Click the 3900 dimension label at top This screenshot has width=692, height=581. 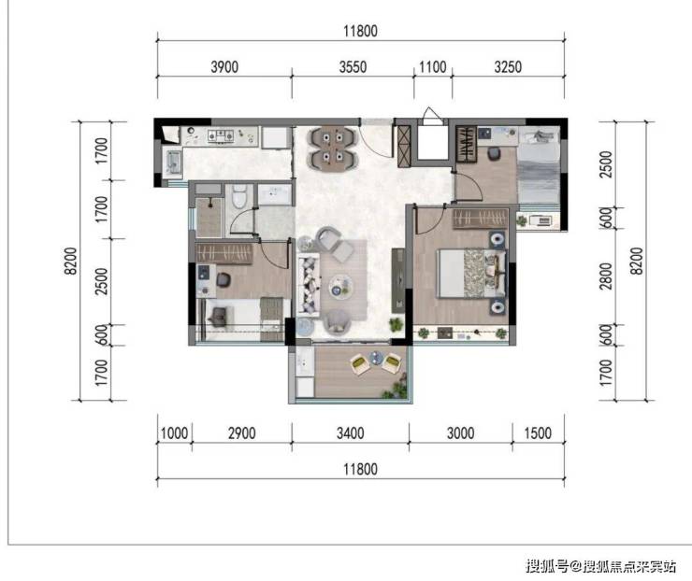(x=224, y=67)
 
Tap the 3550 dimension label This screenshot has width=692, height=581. (x=353, y=67)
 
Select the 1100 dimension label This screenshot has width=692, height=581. (x=432, y=67)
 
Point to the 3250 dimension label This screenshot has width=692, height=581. (x=508, y=67)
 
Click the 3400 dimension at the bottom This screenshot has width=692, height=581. (x=351, y=432)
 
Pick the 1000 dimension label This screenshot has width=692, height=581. (x=174, y=432)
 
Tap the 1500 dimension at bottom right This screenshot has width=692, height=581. (x=538, y=432)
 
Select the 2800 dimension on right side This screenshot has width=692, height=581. (x=607, y=276)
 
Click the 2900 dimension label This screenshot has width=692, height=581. (x=242, y=432)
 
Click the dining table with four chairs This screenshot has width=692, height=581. (x=332, y=149)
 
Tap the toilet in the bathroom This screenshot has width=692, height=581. (x=238, y=196)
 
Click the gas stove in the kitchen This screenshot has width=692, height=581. (x=221, y=136)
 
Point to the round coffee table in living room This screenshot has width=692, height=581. (x=341, y=286)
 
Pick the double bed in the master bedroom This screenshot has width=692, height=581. (x=470, y=274)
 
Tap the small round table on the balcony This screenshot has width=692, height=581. (x=376, y=358)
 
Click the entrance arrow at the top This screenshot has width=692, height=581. (x=430, y=113)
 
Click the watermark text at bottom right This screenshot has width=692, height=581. (x=600, y=565)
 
